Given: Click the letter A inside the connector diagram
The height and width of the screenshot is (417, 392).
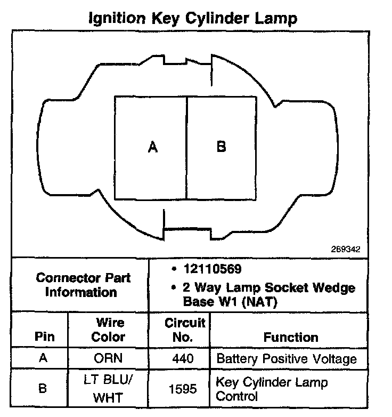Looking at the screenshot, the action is (x=152, y=147).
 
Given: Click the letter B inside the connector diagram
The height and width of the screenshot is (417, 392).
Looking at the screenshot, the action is (x=221, y=147).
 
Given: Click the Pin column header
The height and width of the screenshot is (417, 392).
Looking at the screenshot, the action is (x=44, y=337).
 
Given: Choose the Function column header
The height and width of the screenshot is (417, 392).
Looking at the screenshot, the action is (x=291, y=337).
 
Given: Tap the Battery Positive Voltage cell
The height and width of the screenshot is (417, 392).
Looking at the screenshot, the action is (x=286, y=358).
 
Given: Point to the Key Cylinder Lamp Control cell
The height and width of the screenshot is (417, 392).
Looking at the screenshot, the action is (x=272, y=389).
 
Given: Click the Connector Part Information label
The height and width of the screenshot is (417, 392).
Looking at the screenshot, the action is (x=83, y=285).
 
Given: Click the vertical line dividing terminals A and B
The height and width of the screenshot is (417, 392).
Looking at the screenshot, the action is (x=187, y=148).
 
